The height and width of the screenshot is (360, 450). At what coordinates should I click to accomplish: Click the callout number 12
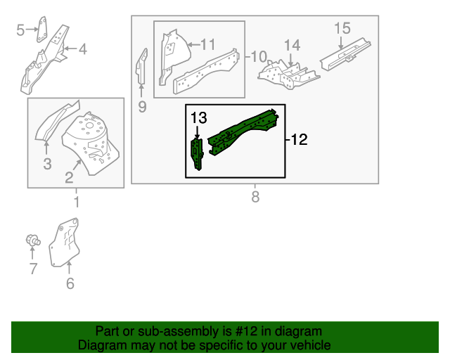[x=299, y=140]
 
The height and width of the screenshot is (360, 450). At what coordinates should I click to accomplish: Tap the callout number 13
[x=198, y=117]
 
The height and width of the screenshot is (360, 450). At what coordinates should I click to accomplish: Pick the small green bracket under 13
[x=198, y=153]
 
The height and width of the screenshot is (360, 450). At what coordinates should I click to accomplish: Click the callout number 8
[x=255, y=198]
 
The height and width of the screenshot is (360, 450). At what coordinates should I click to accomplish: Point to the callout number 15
[x=342, y=28]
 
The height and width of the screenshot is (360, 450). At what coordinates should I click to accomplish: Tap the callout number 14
[x=291, y=45]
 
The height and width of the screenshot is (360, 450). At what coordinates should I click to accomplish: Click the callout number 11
[x=207, y=44]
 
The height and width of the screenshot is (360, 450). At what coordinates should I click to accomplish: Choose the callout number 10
[x=259, y=56]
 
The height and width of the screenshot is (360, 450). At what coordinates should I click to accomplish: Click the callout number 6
[x=70, y=283]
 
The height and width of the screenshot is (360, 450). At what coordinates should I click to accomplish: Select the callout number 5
[x=20, y=29]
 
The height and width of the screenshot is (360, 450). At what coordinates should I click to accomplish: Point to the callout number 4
[x=82, y=49]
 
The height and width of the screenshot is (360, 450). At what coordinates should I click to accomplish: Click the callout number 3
[x=46, y=165]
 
